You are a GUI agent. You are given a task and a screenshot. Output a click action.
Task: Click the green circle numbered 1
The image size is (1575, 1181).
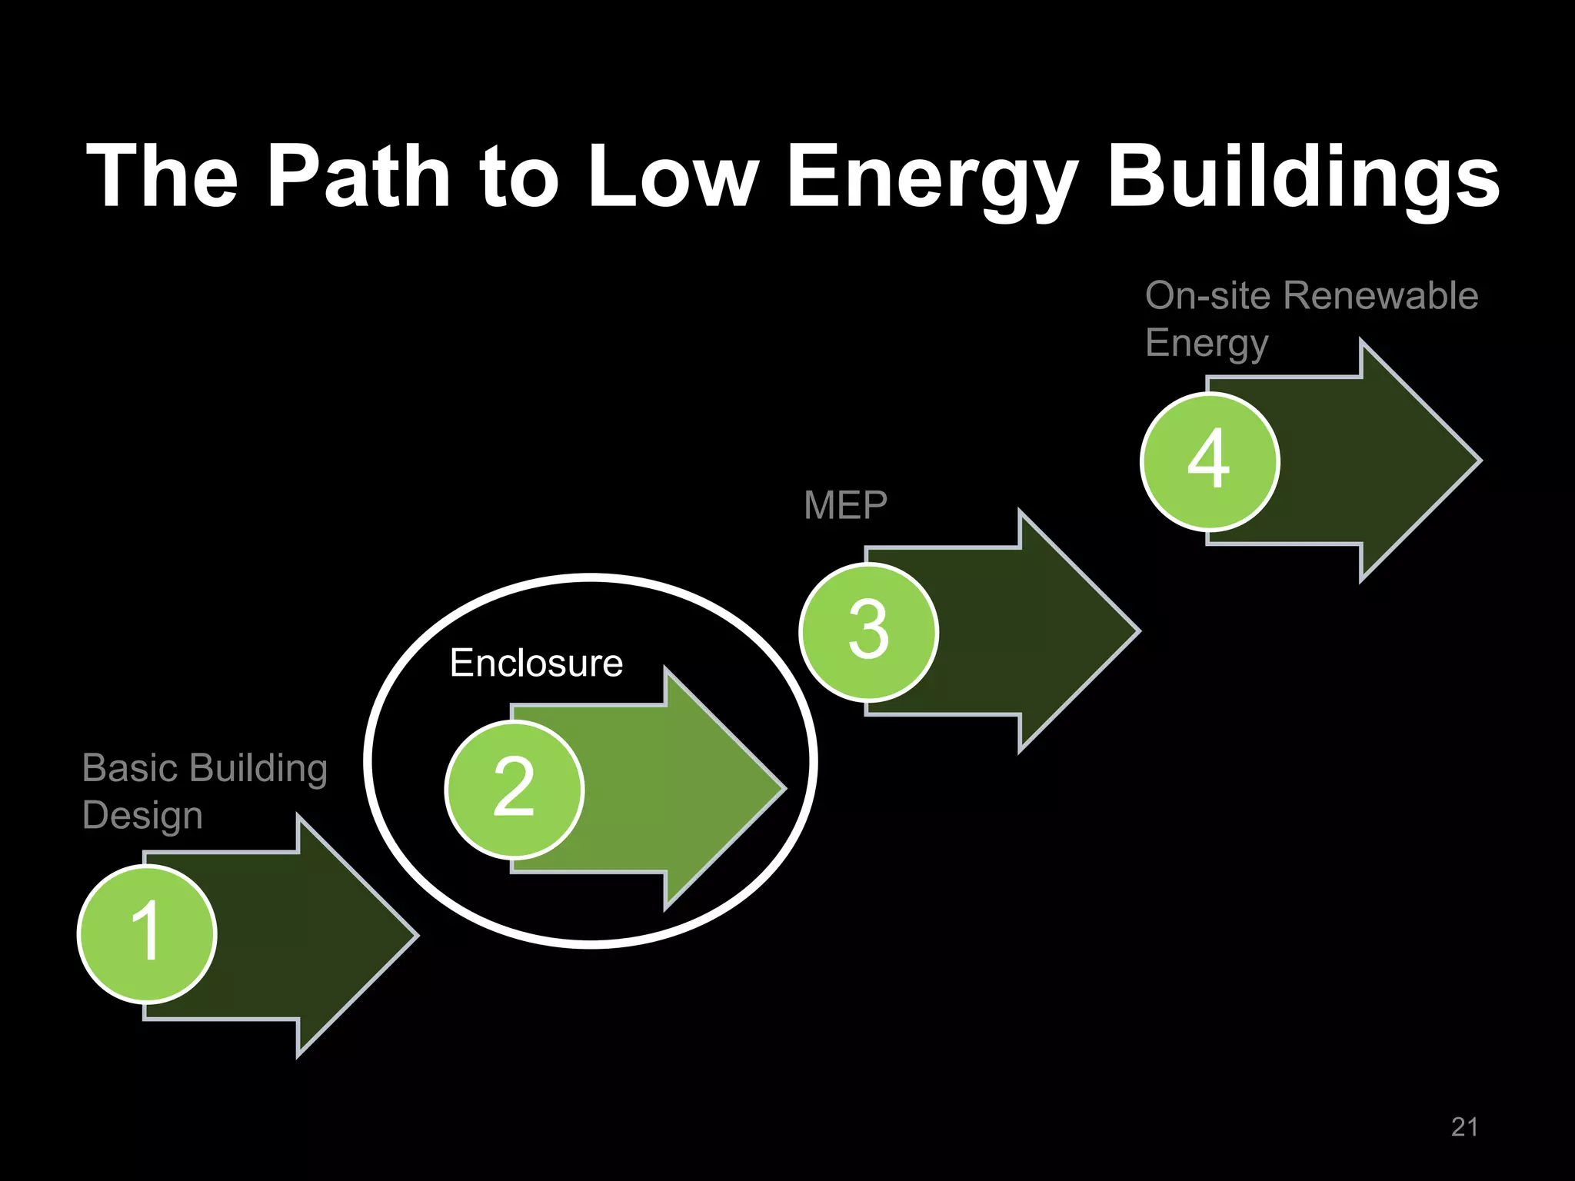click(x=147, y=933)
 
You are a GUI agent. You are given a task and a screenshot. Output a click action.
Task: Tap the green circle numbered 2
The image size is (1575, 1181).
click(x=514, y=789)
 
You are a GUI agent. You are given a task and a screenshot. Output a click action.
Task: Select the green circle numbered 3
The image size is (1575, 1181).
click(x=869, y=631)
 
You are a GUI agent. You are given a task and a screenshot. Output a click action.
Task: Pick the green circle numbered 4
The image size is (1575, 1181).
click(x=1210, y=461)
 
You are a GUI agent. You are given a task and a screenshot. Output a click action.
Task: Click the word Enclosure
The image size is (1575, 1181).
click(x=536, y=663)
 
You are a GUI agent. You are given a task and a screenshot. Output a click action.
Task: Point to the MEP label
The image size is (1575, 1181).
click(x=845, y=505)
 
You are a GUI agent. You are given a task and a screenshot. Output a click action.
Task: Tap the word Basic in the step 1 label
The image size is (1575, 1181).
click(x=131, y=767)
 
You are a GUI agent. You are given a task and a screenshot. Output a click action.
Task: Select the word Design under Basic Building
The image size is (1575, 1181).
click(x=142, y=815)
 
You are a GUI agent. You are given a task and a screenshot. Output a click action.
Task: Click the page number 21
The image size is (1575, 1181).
click(x=1464, y=1127)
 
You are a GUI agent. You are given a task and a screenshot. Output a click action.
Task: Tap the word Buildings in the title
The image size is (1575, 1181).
click(x=1303, y=176)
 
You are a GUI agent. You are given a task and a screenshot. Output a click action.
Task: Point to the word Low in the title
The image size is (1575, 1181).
click(x=674, y=176)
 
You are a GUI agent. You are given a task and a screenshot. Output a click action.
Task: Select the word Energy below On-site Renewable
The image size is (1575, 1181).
click(x=1206, y=343)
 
